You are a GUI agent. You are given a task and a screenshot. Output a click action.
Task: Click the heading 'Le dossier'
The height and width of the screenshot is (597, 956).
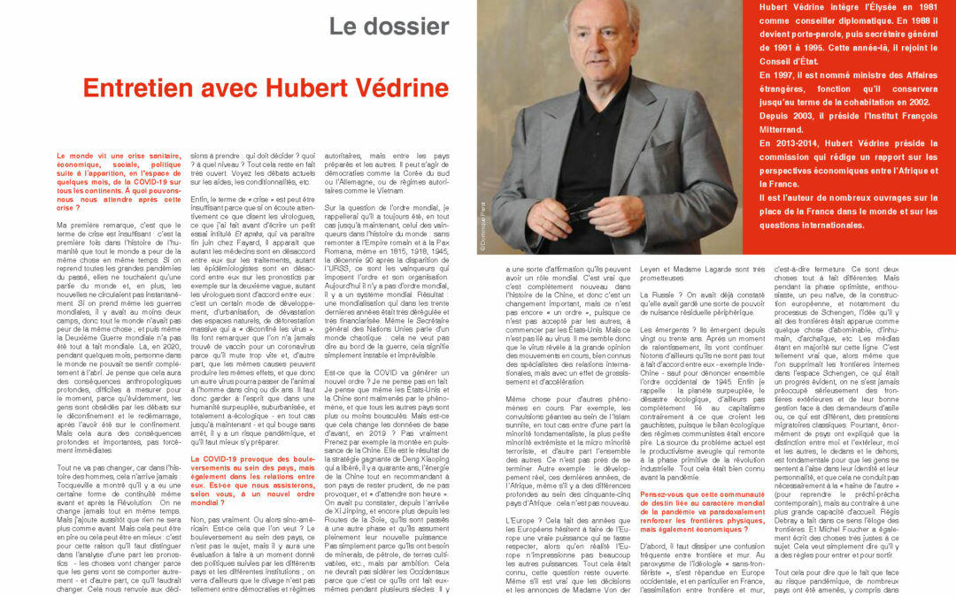click(389, 26)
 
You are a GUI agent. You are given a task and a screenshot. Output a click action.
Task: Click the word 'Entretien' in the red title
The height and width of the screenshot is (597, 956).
click(143, 88)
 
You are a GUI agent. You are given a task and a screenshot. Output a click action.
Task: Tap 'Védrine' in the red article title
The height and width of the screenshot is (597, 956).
click(394, 88)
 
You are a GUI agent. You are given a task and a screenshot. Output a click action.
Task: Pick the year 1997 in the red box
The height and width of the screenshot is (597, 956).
click(776, 75)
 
